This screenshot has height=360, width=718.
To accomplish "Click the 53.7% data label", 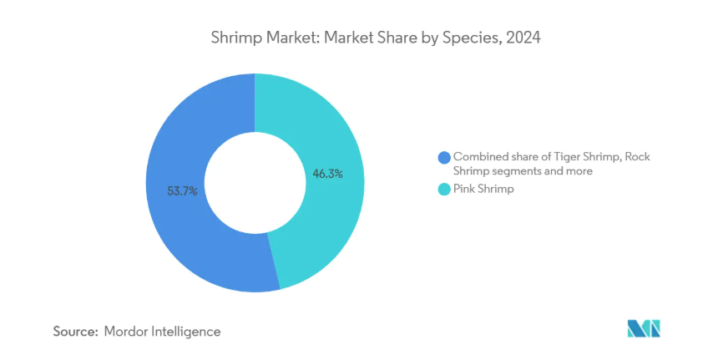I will pos(182,190).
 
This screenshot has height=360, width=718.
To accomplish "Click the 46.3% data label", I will pos(326,175).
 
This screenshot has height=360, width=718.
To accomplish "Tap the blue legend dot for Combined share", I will pos(443,157).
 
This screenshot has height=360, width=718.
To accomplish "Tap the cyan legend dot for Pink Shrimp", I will pos(443,190).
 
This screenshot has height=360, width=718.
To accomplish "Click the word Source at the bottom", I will pos(75,332).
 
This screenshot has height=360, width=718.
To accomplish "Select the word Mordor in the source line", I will pos(127,332).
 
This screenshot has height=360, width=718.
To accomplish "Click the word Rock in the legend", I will pos(636,156).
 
